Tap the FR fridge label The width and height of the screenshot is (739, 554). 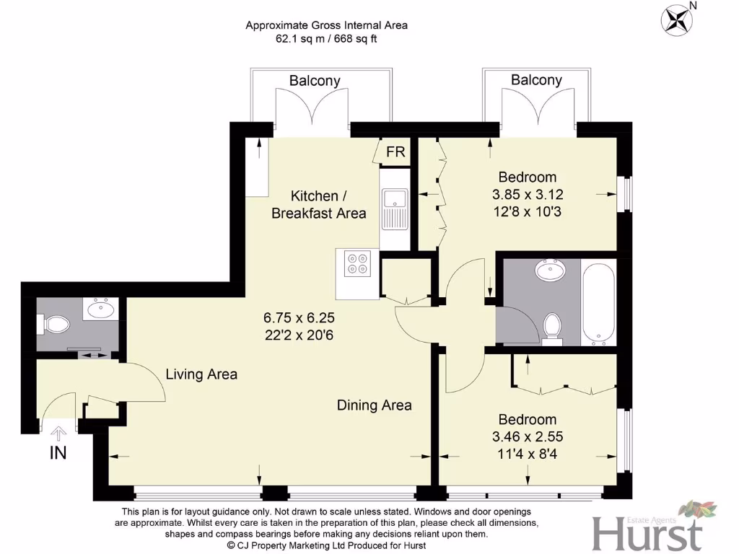click(395, 152)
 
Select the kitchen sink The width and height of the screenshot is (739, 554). click(395, 200)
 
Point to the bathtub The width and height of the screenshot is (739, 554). click(598, 304)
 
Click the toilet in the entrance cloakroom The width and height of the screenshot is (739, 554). click(54, 325)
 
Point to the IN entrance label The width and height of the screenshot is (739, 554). click(58, 453)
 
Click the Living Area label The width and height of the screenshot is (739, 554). click(201, 374)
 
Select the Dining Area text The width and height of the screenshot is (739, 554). click(375, 405)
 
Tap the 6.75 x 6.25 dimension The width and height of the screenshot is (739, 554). click(299, 317)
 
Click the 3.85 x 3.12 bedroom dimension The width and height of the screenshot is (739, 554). click(528, 194)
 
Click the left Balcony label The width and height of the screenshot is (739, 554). click(315, 81)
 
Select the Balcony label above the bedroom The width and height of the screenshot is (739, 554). click(536, 80)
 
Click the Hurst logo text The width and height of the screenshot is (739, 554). click(647, 535)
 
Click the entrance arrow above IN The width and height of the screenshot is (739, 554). click(58, 433)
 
